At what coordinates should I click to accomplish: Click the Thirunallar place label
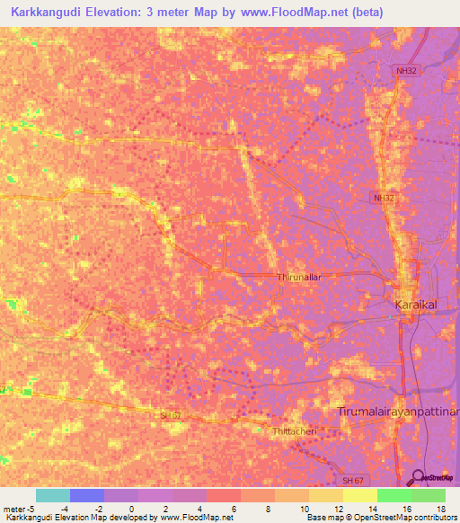coord(298,278)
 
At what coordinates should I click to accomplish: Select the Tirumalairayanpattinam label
coord(397,411)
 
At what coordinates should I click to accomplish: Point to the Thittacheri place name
coord(294,431)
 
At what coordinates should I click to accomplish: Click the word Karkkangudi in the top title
coord(50,12)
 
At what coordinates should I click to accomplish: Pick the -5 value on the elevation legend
coord(31,508)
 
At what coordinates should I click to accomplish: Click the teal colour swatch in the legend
coord(53,495)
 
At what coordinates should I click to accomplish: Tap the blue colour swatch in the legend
coord(87,495)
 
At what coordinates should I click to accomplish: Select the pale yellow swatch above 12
coord(326,495)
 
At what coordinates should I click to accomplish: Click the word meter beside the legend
coord(13,508)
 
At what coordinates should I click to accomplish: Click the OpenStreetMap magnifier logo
coord(418,476)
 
